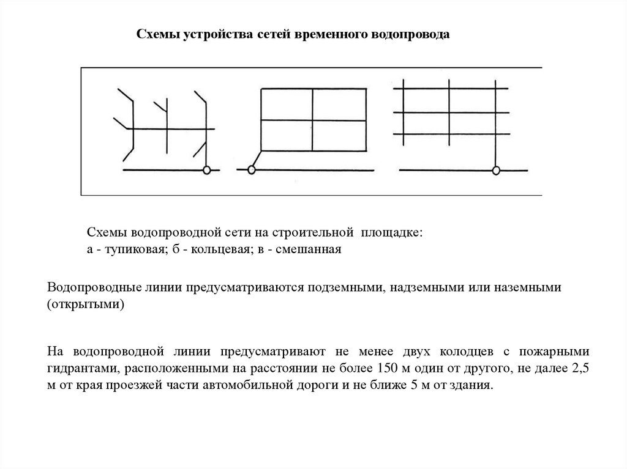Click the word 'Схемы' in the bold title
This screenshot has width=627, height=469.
pos(153,34)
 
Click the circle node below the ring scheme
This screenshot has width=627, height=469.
pos(251,170)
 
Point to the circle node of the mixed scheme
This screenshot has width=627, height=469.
pos(497,170)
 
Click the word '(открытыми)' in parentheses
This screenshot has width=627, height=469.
pos(86,304)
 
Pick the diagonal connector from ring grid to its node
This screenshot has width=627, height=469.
pos(256,161)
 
